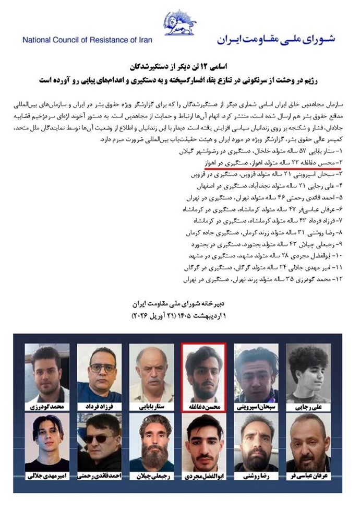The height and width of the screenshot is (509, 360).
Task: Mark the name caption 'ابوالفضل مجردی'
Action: pyautogui.click(x=203, y=477)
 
